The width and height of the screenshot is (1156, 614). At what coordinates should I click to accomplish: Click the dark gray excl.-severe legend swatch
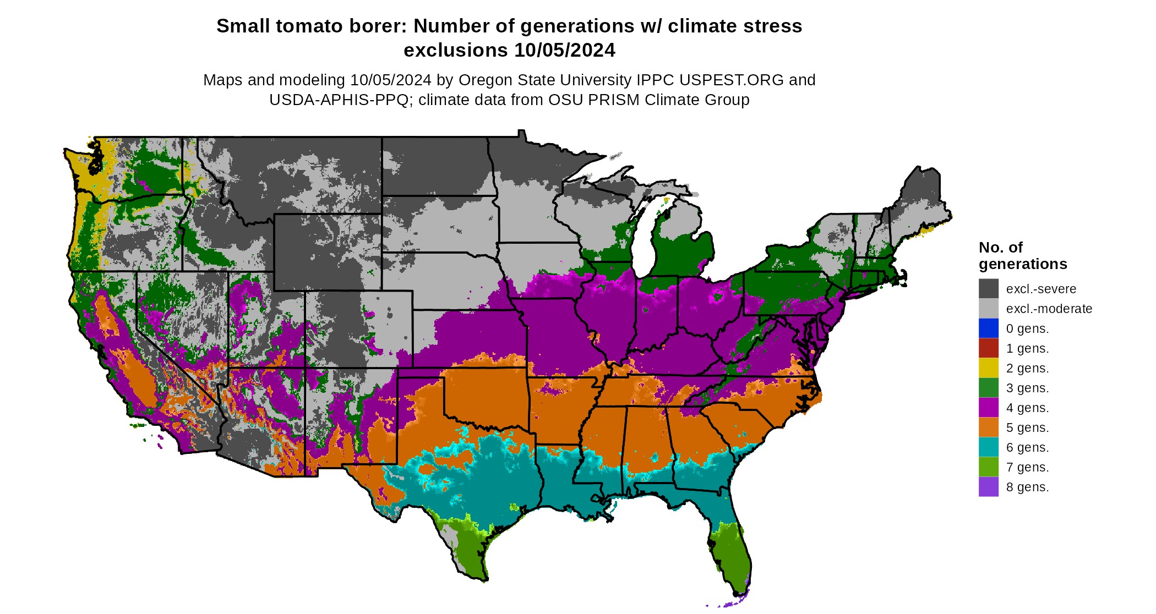[x=988, y=288]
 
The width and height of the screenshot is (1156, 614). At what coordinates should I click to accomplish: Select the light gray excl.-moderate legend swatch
[x=988, y=308]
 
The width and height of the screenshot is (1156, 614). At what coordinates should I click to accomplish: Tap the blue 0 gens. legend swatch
[x=988, y=328]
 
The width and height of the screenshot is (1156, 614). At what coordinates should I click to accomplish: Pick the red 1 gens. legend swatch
[x=988, y=348]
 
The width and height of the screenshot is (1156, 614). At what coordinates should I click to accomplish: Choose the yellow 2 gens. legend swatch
[x=988, y=368]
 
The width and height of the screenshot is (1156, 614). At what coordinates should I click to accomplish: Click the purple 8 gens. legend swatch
[x=988, y=486]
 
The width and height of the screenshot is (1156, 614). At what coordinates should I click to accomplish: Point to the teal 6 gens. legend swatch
[x=988, y=447]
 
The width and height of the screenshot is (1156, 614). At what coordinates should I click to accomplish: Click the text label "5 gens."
[x=1027, y=427]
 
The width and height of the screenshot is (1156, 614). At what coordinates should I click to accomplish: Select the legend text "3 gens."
[x=1027, y=388]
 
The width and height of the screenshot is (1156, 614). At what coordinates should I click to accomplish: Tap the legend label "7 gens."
[x=1027, y=467]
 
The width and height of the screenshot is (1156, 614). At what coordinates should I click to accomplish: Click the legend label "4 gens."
[x=1027, y=408]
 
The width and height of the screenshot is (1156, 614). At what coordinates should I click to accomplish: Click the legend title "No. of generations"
[x=1022, y=256]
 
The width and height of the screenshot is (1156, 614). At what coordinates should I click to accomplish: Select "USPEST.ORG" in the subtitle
[x=731, y=80]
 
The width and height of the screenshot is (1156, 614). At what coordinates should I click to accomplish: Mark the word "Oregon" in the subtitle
[x=484, y=80]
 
